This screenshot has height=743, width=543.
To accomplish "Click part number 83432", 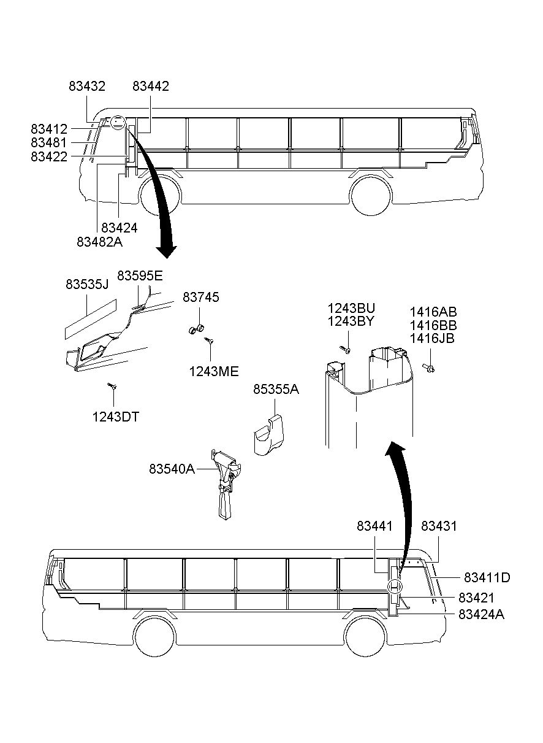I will (x=86, y=87).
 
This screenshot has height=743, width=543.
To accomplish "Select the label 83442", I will (x=151, y=87).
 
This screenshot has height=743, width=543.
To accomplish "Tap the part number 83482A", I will (x=100, y=242).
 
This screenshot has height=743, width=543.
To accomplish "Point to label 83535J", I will (x=86, y=285).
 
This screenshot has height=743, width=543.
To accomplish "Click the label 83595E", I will (x=140, y=275).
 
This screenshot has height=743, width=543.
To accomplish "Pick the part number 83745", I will (x=200, y=298).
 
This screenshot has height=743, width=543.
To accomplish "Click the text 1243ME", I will (x=213, y=371).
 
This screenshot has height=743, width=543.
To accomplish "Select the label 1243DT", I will (x=116, y=417).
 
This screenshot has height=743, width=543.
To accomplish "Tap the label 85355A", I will (x=276, y=389).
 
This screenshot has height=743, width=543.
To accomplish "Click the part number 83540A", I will (x=172, y=469).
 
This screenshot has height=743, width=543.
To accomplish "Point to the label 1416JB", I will (x=433, y=338).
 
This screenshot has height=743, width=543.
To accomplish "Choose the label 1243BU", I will (x=351, y=307).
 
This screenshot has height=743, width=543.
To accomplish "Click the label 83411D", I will (x=487, y=577).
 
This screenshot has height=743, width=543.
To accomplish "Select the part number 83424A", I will (x=481, y=614).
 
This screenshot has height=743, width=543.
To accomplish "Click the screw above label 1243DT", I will (x=112, y=386).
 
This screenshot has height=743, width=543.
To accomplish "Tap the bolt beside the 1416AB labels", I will (x=428, y=368).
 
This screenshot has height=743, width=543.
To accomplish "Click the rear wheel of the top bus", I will (x=371, y=194).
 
